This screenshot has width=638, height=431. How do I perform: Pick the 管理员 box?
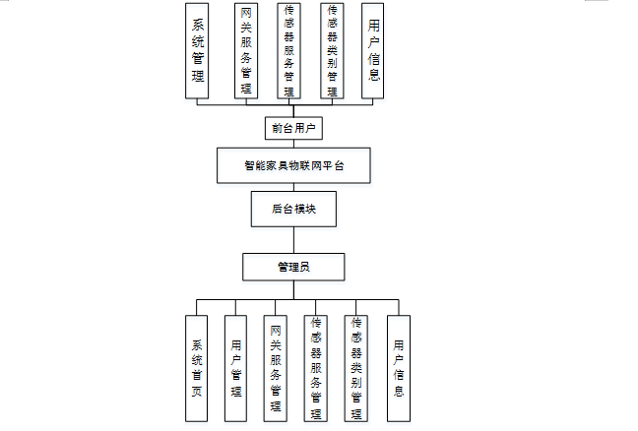click(x=292, y=267)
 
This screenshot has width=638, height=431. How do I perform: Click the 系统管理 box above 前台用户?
click(x=198, y=50)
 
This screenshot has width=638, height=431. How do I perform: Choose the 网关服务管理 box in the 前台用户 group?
click(x=246, y=50)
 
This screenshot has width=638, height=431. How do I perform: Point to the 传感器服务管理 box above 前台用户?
click(x=289, y=50)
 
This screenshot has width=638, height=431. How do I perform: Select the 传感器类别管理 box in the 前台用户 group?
click(x=333, y=50)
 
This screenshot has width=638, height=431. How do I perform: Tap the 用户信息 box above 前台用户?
click(x=372, y=50)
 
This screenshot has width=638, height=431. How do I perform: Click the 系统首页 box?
click(x=196, y=367)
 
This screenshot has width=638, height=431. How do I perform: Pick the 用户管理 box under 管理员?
click(x=236, y=367)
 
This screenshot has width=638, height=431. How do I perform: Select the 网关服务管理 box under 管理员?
click(x=277, y=367)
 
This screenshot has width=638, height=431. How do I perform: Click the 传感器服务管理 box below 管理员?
click(x=316, y=367)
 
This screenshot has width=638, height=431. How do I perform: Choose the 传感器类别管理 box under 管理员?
click(x=356, y=367)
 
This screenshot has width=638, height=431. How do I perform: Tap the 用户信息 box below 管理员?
click(x=398, y=367)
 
